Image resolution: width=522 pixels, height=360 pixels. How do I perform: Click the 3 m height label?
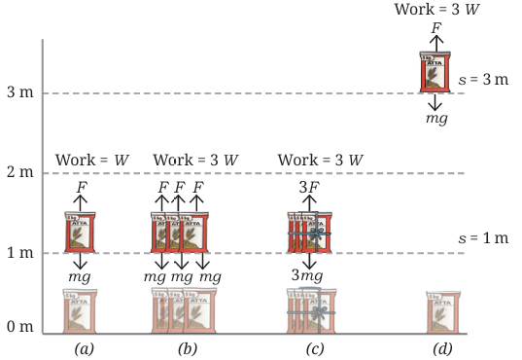pyautogui.click(x=20, y=91)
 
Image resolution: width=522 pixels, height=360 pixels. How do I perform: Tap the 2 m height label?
pyautogui.click(x=20, y=171)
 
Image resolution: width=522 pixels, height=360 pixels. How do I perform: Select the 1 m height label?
pyautogui.click(x=20, y=252)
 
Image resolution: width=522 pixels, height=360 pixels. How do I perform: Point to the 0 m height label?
pyautogui.click(x=20, y=326)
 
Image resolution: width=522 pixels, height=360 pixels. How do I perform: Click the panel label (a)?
pyautogui.click(x=84, y=349)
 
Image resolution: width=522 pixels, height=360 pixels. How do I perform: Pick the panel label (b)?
pyautogui.click(x=188, y=349)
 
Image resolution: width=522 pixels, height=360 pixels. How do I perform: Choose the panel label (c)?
pyautogui.click(x=315, y=349)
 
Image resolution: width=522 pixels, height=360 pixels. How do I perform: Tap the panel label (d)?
pyautogui.click(x=442, y=349)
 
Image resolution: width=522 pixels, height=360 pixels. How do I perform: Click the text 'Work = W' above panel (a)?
pyautogui.click(x=92, y=160)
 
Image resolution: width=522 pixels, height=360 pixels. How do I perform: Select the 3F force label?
pyautogui.click(x=309, y=187)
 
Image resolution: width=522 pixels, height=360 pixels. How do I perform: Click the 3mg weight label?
pyautogui.click(x=307, y=276)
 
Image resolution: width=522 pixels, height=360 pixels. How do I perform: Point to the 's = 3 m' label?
pyautogui.click(x=483, y=80)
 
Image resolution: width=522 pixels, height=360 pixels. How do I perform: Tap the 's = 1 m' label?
pyautogui.click(x=483, y=238)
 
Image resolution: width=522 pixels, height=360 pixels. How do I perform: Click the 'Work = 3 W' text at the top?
pyautogui.click(x=437, y=9)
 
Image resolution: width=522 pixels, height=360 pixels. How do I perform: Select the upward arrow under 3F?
pyautogui.click(x=310, y=203)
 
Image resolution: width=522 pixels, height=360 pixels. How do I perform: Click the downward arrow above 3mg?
pyautogui.click(x=310, y=261)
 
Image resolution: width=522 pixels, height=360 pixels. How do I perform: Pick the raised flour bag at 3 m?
pyautogui.click(x=435, y=72)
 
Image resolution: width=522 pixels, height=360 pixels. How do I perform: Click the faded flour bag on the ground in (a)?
pyautogui.click(x=80, y=311)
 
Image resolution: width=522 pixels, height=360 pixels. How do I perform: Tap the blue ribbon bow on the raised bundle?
pyautogui.click(x=316, y=234)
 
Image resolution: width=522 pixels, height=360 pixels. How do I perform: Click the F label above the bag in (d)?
pyautogui.click(x=436, y=28)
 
